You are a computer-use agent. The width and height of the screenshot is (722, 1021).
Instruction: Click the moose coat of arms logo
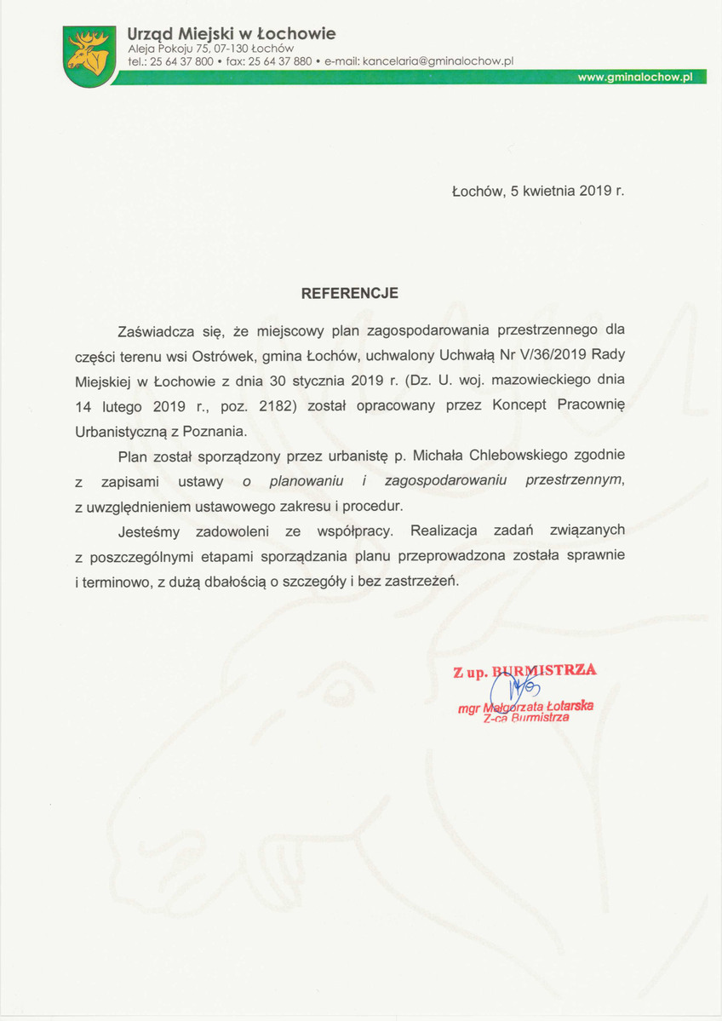click(88, 54)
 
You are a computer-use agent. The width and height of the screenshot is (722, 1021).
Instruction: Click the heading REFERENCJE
click(350, 293)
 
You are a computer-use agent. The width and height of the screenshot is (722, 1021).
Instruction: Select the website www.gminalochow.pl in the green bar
click(635, 77)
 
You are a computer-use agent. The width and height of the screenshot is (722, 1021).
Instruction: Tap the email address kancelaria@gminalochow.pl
click(438, 61)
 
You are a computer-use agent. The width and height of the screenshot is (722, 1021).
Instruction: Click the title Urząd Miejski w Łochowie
click(231, 34)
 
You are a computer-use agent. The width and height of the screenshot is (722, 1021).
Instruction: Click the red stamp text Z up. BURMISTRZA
click(524, 671)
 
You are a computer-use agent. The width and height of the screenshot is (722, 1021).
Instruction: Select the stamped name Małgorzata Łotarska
click(538, 706)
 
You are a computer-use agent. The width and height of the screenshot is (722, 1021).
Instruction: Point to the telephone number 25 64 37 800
click(181, 61)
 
